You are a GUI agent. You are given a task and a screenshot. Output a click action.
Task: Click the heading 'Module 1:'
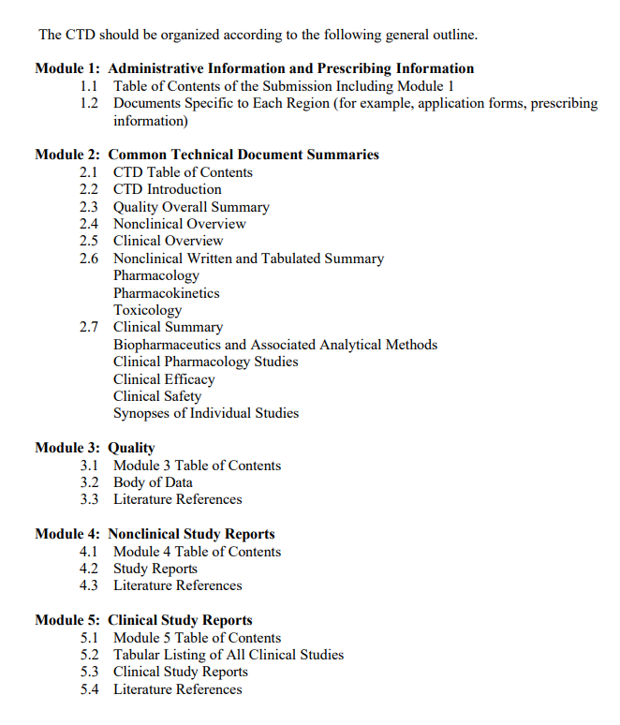coord(67,68)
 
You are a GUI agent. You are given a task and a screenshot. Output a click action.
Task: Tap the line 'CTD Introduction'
coord(168,189)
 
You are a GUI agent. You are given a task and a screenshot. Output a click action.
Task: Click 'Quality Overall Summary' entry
coord(191,207)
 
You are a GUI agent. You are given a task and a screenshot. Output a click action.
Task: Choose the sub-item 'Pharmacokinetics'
coord(167,293)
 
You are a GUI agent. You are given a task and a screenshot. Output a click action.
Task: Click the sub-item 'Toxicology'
coord(148,310)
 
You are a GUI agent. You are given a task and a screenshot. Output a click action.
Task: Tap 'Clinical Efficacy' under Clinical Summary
coord(164,379)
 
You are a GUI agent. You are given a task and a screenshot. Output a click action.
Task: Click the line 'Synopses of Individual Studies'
coord(206,413)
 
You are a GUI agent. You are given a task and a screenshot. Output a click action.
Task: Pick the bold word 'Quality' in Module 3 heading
coord(131,448)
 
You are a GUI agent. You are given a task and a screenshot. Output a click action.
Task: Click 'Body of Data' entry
coord(153,482)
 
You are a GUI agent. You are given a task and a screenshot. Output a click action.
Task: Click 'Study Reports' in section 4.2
coord(155,569)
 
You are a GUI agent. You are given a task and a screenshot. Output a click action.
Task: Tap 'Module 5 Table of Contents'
coord(197,638)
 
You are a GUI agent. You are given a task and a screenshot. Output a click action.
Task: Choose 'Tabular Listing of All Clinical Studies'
coord(229,655)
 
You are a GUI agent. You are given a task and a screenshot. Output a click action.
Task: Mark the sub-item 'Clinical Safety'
coord(157,396)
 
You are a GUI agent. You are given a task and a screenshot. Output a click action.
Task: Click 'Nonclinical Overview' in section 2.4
coord(180,224)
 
